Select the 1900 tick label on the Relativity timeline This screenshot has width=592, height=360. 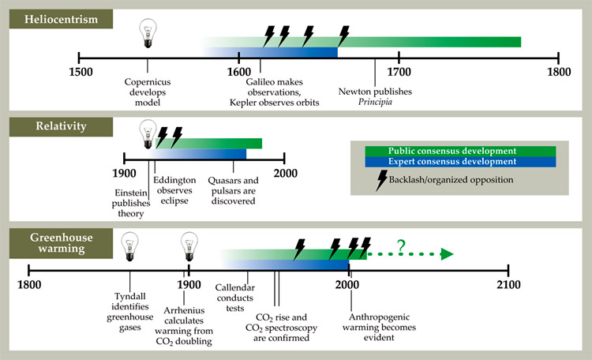click(x=125, y=174)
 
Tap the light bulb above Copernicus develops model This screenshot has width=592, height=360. click(x=148, y=32)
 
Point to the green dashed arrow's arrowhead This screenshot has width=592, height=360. click(x=447, y=254)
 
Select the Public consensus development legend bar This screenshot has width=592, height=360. click(x=453, y=150)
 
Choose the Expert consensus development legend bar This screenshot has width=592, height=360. click(x=453, y=162)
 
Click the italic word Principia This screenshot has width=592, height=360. click(x=375, y=102)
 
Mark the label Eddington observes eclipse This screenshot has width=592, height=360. click(x=171, y=190)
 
